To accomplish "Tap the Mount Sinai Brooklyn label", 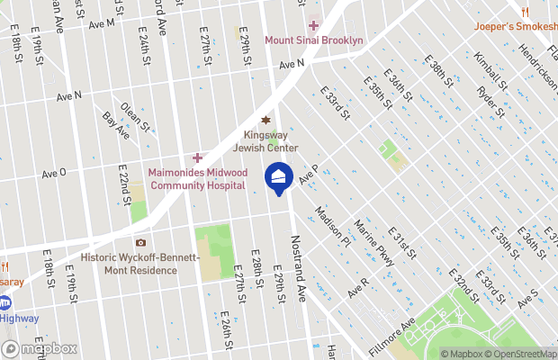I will (x=313, y=40).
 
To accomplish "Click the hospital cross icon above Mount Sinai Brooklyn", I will (x=313, y=25).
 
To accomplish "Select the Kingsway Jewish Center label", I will (x=265, y=141).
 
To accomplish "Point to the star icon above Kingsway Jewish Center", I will (x=265, y=121).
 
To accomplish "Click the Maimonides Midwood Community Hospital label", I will (x=197, y=178).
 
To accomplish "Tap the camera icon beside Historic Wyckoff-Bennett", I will (x=140, y=243).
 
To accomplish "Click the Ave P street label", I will (x=310, y=169).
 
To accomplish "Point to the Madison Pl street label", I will (x=332, y=227).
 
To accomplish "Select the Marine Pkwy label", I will (x=373, y=244).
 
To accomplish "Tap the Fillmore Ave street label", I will (x=395, y=334).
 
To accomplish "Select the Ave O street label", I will (x=54, y=174).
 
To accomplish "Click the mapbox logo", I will (x=40, y=348).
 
